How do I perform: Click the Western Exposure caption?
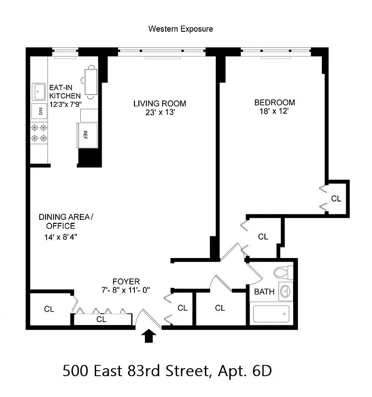(181, 29)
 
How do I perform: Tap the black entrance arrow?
(149, 337)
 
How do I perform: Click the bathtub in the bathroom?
(271, 315)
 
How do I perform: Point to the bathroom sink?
(285, 291)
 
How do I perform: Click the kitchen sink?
(39, 91)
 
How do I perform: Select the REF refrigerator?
(85, 134)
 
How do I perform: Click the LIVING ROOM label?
(160, 104)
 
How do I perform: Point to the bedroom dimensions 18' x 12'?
(274, 112)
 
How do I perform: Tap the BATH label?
(264, 292)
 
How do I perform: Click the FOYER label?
(125, 281)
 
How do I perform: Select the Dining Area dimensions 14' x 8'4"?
(60, 237)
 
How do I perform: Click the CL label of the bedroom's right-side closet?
(336, 198)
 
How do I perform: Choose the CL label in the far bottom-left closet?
(49, 309)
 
